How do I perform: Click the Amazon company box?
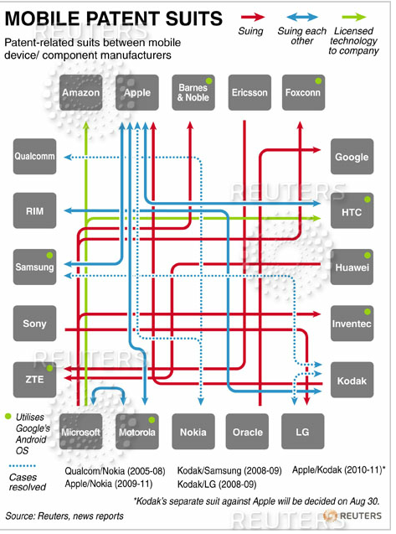coord(81,92)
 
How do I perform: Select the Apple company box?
coord(137,92)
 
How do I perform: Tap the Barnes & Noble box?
coord(193,92)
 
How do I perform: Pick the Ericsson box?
coord(249,92)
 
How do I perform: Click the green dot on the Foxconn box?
coord(318,81)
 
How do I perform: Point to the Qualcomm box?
coord(34,156)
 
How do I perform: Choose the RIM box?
coord(34,210)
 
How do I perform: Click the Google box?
coord(352,156)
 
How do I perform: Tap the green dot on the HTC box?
coord(368,200)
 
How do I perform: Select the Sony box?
coord(34,324)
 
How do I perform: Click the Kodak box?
coord(352,380)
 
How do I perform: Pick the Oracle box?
coord(247,432)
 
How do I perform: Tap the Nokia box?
coord(193,432)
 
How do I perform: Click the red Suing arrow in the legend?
coord(253,17)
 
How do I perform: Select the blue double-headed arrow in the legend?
coord(302,17)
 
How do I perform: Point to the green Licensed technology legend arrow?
coord(354,17)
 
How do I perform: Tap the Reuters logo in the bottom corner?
coord(352,516)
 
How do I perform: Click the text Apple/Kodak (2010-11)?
coord(337,470)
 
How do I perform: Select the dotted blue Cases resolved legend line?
coord(23,465)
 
